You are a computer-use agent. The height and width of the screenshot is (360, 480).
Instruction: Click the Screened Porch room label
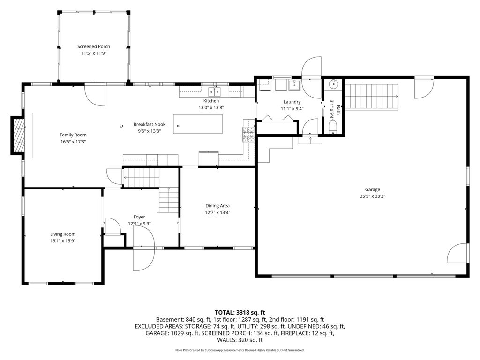[x=94, y=46]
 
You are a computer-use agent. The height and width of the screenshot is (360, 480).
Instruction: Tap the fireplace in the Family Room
[x=18, y=135]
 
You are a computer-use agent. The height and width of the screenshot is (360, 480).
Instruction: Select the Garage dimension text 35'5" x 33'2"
[x=372, y=196]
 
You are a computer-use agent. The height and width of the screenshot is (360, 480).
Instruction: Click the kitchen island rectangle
[x=198, y=124]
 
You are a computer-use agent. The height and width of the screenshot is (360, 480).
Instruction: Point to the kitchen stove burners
[x=248, y=134]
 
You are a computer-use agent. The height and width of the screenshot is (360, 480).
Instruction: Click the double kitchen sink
[x=214, y=91]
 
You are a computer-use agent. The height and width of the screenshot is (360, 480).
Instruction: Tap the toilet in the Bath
[x=332, y=126]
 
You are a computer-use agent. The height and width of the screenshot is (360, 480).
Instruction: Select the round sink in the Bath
[x=333, y=83]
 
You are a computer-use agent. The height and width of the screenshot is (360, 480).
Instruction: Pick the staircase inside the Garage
[x=372, y=97]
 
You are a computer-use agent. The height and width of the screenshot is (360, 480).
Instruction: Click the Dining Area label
[x=217, y=206]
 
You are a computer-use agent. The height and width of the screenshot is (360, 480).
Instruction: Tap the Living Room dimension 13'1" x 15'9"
[x=63, y=241]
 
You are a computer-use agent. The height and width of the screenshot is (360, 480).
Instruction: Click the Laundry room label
[x=292, y=102]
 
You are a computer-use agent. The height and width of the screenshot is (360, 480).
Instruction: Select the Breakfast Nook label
[x=150, y=124]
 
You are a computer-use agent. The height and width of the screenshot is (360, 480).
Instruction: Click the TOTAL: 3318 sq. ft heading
[x=240, y=313]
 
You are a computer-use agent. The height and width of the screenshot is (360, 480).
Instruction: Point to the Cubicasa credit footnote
[x=240, y=350]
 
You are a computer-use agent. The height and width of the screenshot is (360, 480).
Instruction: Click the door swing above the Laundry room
[x=311, y=67]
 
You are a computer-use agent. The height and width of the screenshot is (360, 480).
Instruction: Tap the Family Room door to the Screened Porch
[x=95, y=95]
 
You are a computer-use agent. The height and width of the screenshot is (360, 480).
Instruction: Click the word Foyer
[x=139, y=217]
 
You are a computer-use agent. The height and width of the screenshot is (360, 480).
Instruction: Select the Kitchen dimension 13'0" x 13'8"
[x=211, y=107]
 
